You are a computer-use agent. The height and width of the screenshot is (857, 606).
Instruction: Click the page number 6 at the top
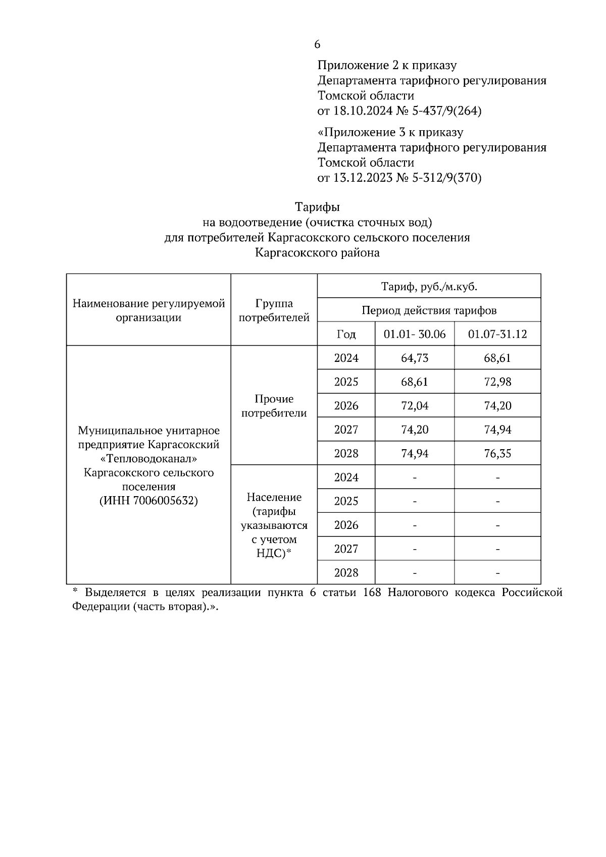click(317, 44)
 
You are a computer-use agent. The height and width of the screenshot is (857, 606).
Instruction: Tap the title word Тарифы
click(317, 207)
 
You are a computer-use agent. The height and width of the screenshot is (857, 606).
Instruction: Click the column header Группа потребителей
click(274, 310)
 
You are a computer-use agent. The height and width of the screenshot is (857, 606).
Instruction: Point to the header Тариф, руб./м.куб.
click(429, 287)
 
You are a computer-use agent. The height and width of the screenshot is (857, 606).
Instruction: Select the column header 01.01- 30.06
click(415, 334)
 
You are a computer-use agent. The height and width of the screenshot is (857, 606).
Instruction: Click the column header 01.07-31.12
click(497, 334)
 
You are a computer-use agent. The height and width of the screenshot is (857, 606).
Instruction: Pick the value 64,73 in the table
click(415, 358)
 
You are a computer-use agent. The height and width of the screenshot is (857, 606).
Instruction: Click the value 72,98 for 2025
click(497, 382)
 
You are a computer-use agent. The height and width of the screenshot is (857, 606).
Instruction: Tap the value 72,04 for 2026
click(415, 406)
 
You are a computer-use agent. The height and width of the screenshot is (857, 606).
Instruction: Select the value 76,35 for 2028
click(497, 453)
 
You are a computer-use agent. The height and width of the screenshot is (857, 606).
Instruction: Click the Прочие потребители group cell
click(274, 406)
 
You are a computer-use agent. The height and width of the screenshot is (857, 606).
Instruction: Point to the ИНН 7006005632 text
click(148, 501)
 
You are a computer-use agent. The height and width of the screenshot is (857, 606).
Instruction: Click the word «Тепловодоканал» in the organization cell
click(148, 459)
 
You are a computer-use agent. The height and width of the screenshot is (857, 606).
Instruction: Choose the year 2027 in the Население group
click(346, 549)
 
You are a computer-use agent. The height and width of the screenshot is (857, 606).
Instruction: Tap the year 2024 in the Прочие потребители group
click(346, 358)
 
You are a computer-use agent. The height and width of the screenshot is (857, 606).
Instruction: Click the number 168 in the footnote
click(373, 593)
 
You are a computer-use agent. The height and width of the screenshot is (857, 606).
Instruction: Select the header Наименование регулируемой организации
click(148, 310)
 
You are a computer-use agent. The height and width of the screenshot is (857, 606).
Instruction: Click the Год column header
click(346, 334)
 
